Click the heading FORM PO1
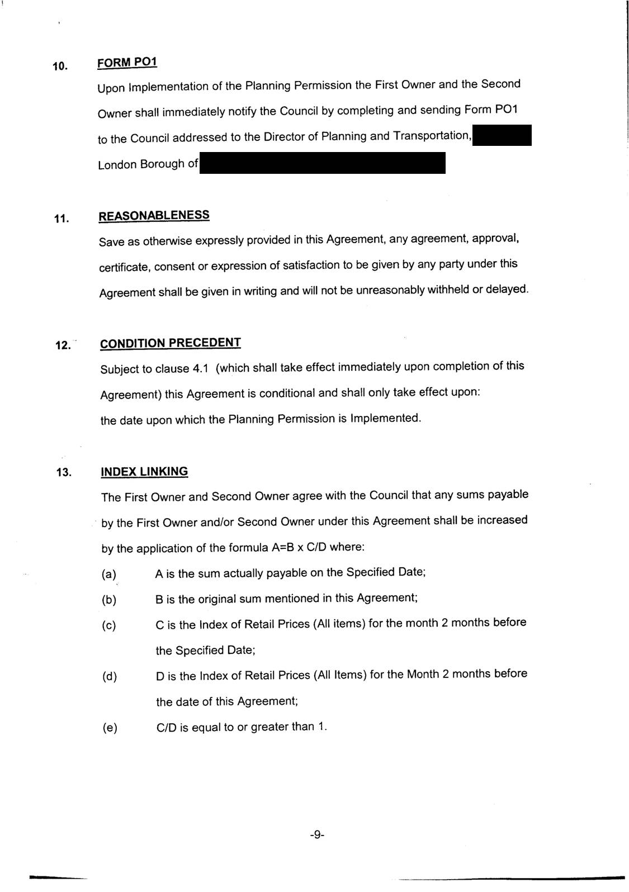(x=127, y=62)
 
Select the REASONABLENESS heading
(x=154, y=216)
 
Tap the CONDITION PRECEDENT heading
(x=171, y=343)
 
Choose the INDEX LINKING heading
(x=144, y=472)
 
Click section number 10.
(x=60, y=67)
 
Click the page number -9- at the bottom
(x=316, y=835)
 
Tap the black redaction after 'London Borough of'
(x=322, y=163)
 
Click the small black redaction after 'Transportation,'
(x=502, y=136)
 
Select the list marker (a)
(x=109, y=575)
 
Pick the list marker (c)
(x=109, y=625)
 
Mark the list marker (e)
(x=110, y=728)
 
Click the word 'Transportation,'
(x=433, y=136)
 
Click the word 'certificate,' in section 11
(x=124, y=268)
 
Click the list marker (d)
(x=110, y=677)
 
